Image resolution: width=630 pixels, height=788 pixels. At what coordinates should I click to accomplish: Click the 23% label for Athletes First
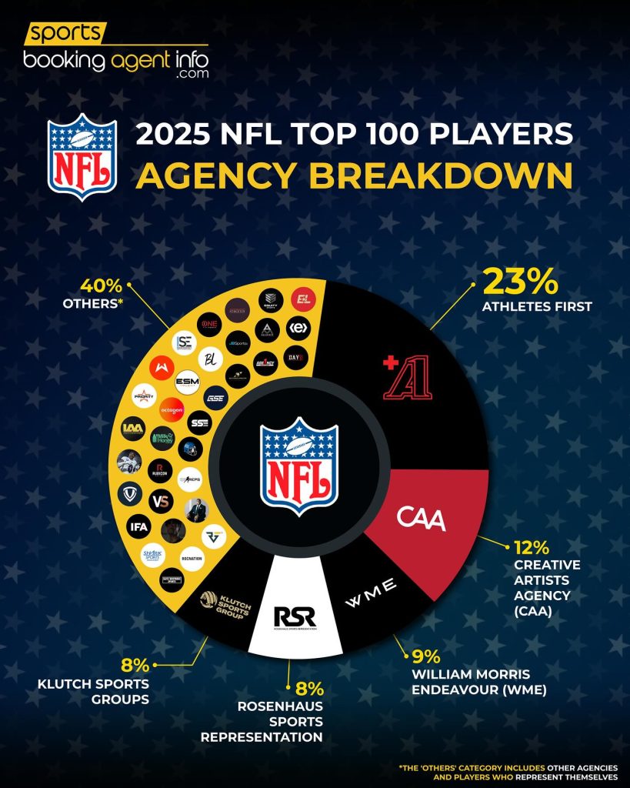point(519,282)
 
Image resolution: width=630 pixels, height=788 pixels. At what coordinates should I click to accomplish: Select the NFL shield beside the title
point(82,156)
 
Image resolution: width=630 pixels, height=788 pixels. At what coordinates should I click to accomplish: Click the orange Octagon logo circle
point(172,408)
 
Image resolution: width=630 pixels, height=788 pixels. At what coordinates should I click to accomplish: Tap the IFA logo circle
point(139,527)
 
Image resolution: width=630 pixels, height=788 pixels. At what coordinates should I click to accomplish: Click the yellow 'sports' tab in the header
point(65,33)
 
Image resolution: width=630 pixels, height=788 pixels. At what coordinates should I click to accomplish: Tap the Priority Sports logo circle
point(145,396)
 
